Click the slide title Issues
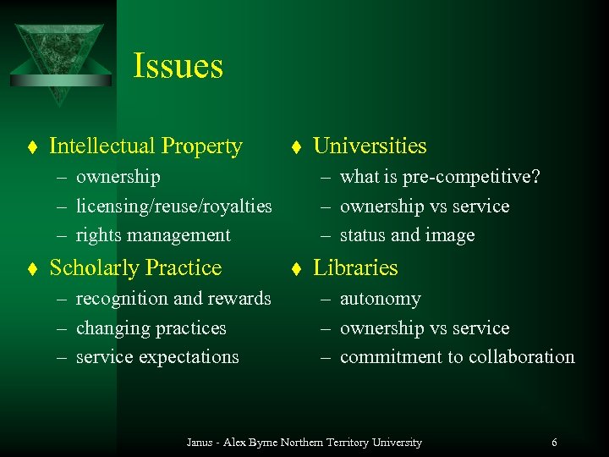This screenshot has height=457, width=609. coord(178,66)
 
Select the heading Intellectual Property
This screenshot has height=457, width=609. coord(145,146)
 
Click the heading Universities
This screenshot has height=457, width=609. coord(370,146)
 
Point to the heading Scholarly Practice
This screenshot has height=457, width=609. coord(135,268)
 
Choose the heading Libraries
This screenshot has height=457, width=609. coord(355,268)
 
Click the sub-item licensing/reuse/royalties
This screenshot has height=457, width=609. coord(173,206)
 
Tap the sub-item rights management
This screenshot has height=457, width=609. coord(153,235)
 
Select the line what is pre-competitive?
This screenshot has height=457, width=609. coord(440,177)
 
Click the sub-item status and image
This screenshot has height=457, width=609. coord(407,235)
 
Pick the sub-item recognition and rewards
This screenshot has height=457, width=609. coord(173,299)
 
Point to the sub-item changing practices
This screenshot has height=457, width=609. coord(151,328)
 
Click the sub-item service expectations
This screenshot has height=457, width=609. coord(157,357)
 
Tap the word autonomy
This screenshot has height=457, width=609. coord(380,299)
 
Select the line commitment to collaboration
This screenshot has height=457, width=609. coord(457,357)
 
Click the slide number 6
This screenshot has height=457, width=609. coord(554,443)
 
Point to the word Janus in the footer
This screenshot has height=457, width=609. coord(200,443)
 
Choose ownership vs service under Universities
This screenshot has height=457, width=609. coord(424,206)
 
